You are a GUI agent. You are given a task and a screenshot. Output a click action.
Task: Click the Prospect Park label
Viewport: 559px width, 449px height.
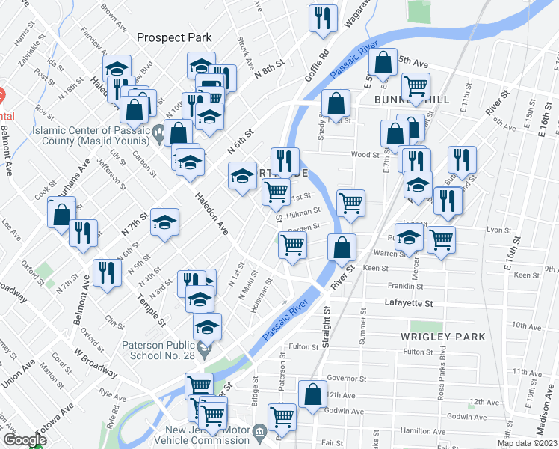(x=174, y=37)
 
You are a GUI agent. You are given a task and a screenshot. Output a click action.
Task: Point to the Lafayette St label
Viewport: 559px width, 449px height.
(x=409, y=303)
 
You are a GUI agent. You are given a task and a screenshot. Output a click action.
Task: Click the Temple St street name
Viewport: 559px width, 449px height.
(x=151, y=310)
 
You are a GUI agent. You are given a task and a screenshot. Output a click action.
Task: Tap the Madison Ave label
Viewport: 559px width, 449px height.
(x=548, y=420)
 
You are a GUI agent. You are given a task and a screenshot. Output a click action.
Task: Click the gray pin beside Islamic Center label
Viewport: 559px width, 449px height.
(x=158, y=135)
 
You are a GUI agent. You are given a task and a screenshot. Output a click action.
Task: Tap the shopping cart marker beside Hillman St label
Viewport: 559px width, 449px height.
(x=350, y=202)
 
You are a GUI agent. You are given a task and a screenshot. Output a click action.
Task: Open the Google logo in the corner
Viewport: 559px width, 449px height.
(x=25, y=440)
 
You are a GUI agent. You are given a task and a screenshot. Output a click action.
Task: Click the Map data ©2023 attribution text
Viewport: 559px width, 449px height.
(x=527, y=443)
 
